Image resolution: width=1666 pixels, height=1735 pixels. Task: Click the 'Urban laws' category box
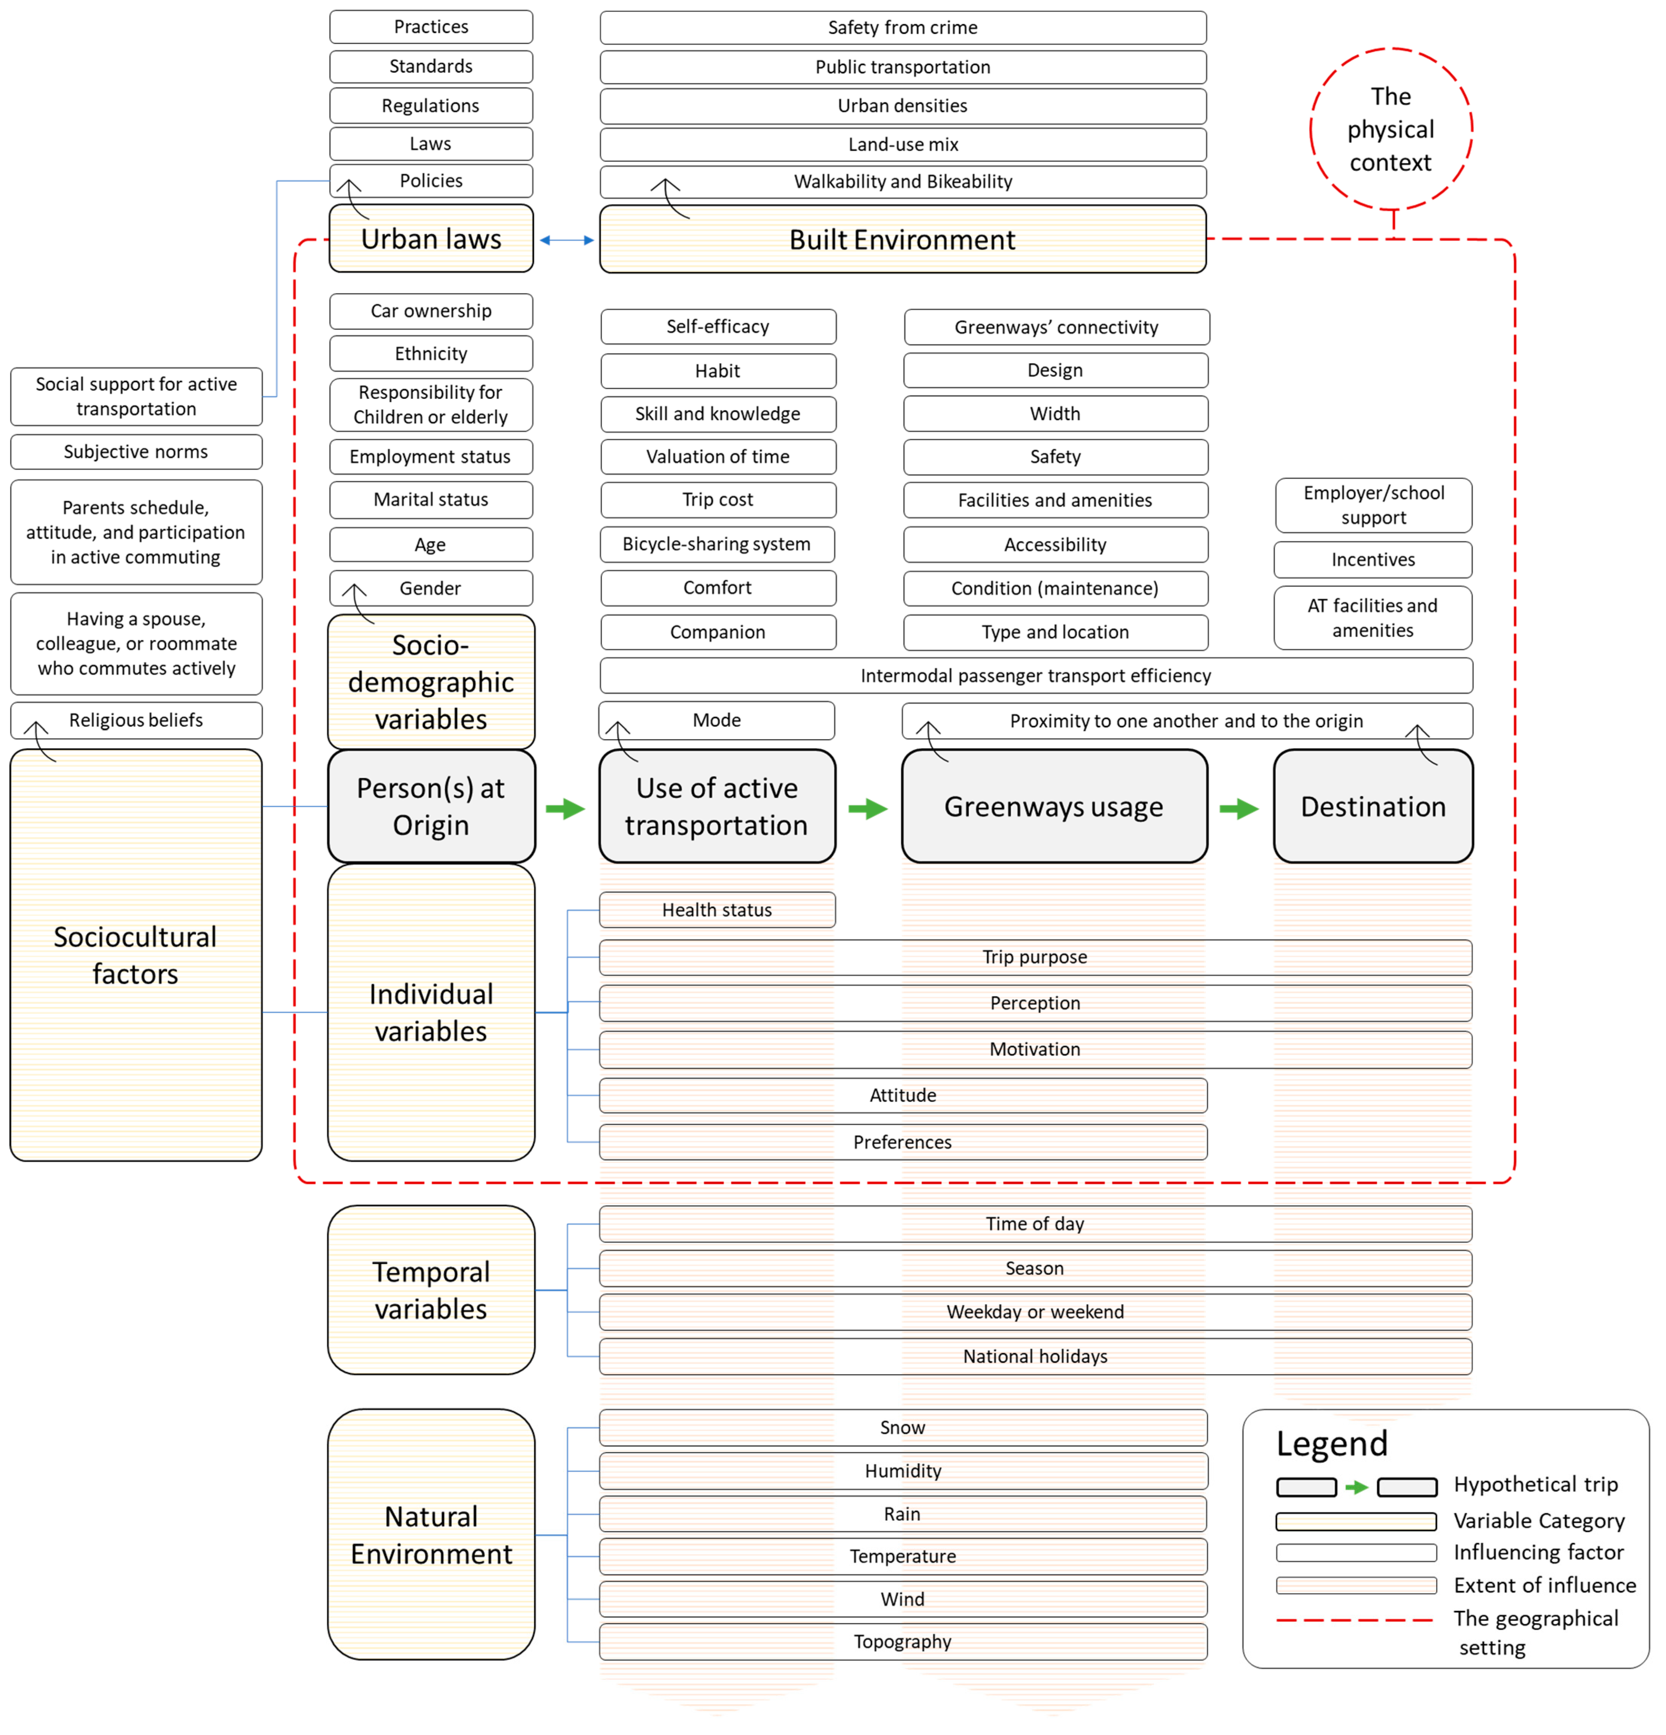pos(431,239)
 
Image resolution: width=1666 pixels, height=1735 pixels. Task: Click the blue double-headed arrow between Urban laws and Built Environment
pos(567,240)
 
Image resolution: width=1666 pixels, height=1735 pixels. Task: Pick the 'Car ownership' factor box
pos(431,311)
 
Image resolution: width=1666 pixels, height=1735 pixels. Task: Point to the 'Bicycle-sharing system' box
pos(717,544)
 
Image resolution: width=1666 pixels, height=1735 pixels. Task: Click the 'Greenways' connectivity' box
pos(1056,327)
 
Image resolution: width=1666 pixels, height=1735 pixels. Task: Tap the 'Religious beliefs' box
pos(136,720)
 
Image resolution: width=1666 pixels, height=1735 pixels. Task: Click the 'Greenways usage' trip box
pos(1053,807)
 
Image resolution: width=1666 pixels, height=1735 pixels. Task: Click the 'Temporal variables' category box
pos(431,1290)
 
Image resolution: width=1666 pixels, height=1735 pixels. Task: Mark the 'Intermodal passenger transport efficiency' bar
pos(1036,675)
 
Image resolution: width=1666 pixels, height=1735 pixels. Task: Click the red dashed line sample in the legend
pos(1355,1619)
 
